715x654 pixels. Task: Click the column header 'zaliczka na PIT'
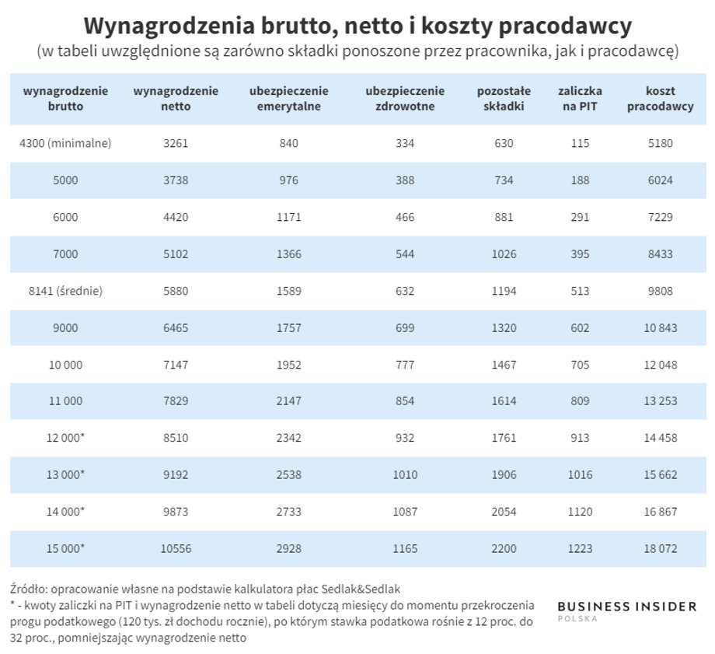coord(580,99)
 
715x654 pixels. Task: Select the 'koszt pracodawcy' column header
coord(660,99)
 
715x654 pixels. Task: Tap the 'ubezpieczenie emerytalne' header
coord(288,99)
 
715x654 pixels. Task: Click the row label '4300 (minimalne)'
coord(65,143)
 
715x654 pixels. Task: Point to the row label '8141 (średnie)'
coord(65,291)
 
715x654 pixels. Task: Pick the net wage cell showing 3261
coord(176,143)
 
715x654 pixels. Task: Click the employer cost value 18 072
coord(661,548)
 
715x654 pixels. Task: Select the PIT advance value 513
coord(580,291)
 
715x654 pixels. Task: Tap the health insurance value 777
coord(405,365)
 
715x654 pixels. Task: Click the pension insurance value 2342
coord(288,438)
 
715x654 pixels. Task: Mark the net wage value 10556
coord(176,548)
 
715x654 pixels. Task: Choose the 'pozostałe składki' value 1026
coord(504,254)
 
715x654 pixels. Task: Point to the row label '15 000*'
coord(65,548)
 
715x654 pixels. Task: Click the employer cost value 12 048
coord(661,365)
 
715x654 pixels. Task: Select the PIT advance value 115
coord(580,143)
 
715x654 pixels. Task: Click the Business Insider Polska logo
coord(627,610)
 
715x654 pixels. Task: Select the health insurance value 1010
coord(405,474)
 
